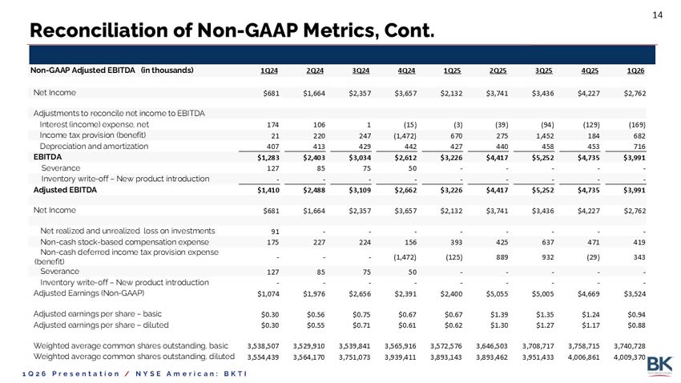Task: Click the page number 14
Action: point(658,15)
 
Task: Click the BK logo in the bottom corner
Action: point(659,365)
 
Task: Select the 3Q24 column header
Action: point(361,71)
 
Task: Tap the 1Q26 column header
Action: point(635,71)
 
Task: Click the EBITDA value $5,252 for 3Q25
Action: point(542,158)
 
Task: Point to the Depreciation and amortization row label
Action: point(94,147)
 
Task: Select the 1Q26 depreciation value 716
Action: point(639,147)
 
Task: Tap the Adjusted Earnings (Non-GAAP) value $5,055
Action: point(497,294)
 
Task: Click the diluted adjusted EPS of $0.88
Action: point(636,325)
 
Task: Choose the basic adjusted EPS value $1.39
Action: point(499,314)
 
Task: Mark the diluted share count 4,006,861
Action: point(584,357)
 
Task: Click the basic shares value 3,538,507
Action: point(264,346)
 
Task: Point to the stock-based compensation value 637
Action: point(548,242)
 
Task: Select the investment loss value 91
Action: point(275,232)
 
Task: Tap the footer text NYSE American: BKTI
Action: point(191,373)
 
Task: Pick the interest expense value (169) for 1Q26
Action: point(637,125)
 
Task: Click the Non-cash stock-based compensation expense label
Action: point(125,242)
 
